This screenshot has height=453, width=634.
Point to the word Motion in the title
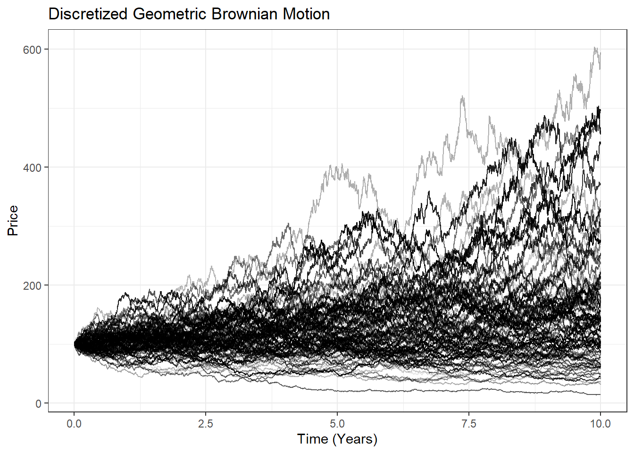tap(306, 14)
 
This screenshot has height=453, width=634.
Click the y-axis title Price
tap(13, 220)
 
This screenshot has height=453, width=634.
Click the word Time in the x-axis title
tap(313, 439)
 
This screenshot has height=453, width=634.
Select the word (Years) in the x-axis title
tap(355, 439)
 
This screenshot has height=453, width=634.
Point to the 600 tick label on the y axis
tap(32, 50)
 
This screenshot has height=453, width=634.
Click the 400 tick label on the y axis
tap(32, 168)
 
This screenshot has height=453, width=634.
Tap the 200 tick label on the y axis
tap(32, 285)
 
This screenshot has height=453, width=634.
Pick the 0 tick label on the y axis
tap(39, 403)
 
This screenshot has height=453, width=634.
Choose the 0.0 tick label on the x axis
tap(74, 424)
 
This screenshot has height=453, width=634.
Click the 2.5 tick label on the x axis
tap(206, 424)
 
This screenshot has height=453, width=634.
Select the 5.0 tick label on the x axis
tap(337, 424)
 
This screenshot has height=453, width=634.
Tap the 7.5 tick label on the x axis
tap(469, 424)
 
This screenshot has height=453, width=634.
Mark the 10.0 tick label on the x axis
tap(600, 424)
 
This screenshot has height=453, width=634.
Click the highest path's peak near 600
tap(595, 48)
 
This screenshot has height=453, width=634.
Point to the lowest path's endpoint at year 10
tap(600, 394)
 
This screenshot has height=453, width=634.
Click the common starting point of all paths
tap(75, 344)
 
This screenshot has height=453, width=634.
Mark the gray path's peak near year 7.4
tap(462, 97)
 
